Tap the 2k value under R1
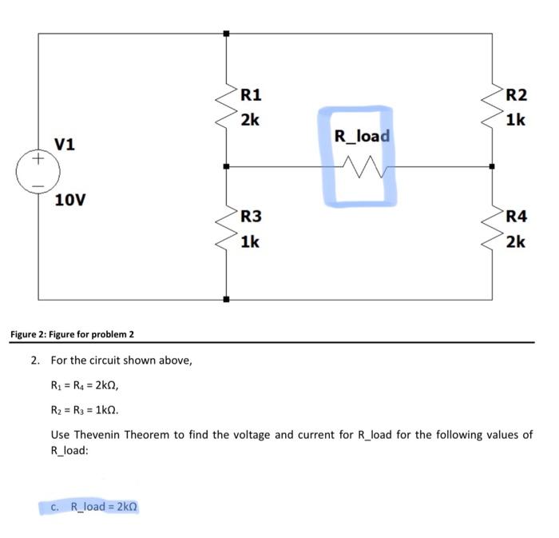pos(250,120)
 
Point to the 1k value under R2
pos(515,120)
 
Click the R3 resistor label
pos(251,217)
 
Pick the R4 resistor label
pos(516,217)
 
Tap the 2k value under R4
pos(515,241)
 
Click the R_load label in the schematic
pos(362,136)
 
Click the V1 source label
pos(65,145)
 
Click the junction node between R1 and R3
pos(227,167)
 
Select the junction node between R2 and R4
pos(492,167)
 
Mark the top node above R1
pos(227,34)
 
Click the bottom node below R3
pos(227,300)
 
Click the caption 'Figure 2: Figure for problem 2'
pos(72,333)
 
